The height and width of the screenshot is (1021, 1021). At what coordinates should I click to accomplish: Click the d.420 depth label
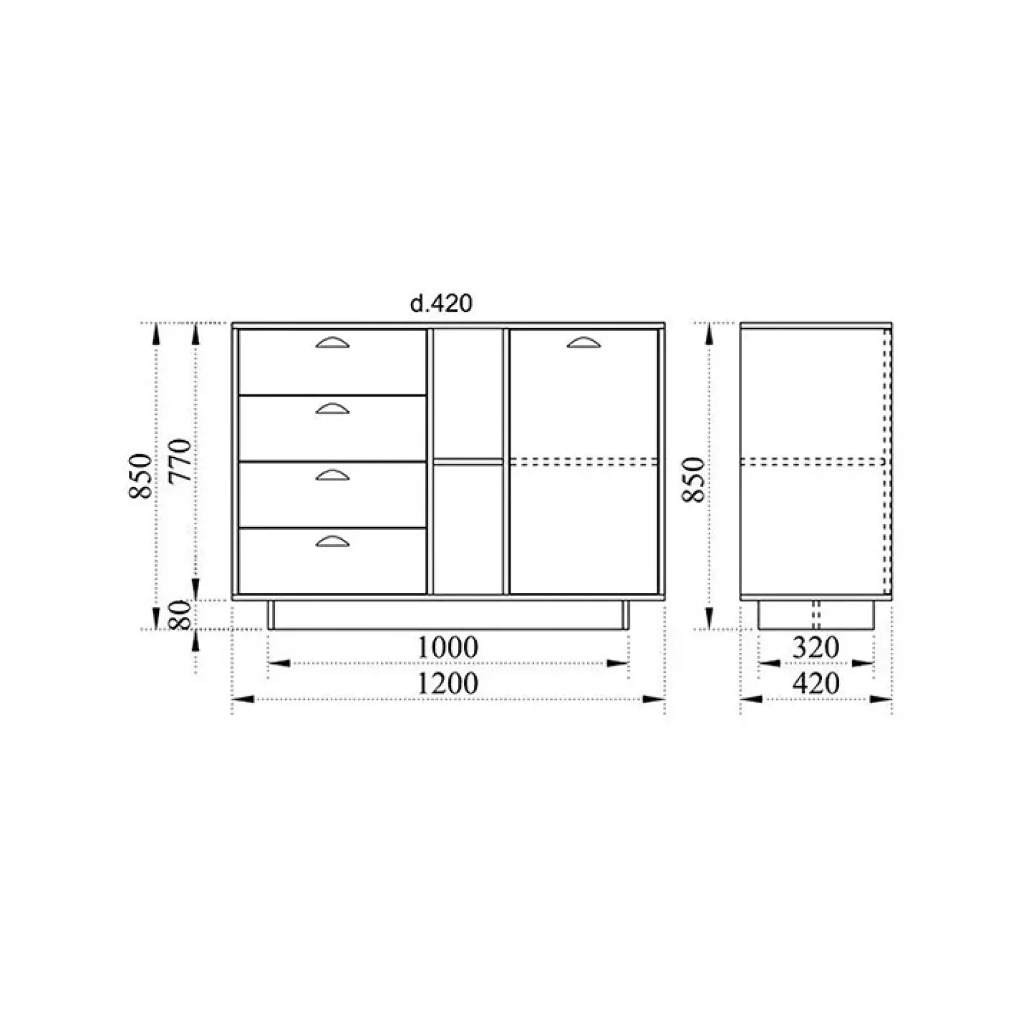click(441, 304)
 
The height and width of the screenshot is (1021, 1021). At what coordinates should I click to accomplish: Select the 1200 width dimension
click(447, 683)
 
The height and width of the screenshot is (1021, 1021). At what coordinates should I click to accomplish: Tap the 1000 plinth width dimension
click(447, 648)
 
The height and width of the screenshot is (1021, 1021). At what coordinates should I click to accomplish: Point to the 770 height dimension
click(181, 460)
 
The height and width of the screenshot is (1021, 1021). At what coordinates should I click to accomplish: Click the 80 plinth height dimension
click(181, 615)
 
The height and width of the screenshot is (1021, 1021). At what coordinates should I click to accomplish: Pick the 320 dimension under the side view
click(816, 648)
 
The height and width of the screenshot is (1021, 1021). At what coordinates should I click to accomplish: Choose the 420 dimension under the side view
click(816, 684)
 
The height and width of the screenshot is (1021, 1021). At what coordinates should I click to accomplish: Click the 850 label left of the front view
click(141, 475)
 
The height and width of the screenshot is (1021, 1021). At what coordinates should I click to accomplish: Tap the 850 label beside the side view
click(694, 479)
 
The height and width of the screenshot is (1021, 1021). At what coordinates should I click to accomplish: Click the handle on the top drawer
click(332, 343)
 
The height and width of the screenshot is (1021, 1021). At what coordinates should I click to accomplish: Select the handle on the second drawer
click(332, 409)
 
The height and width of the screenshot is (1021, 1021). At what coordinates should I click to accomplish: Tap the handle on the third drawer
click(332, 475)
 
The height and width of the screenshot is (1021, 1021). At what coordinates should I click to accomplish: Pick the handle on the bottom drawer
click(332, 542)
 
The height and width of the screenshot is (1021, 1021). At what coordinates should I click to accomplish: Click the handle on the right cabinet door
click(584, 343)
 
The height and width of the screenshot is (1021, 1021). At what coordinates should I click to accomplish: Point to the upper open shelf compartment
click(468, 393)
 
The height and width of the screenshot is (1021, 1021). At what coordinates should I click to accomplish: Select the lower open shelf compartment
click(468, 529)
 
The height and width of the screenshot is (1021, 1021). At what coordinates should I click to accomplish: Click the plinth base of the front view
click(448, 615)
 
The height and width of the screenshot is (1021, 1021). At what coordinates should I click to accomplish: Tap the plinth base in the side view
click(816, 615)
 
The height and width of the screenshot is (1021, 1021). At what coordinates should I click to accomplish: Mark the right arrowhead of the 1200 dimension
click(654, 699)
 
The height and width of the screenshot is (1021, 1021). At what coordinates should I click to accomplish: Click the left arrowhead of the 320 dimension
click(770, 664)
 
